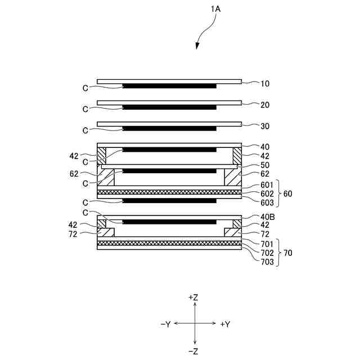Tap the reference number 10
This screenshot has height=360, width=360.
point(265,84)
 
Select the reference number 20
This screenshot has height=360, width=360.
point(265,105)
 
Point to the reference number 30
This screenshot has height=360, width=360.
point(265,126)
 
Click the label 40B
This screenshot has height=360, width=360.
point(268,217)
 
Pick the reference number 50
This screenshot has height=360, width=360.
point(265,166)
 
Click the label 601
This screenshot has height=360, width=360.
point(267,185)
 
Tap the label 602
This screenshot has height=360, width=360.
point(267,193)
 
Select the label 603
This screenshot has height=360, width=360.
point(267,202)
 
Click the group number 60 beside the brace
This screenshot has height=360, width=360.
point(288,193)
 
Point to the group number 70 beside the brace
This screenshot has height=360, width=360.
point(288,253)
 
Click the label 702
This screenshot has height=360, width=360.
point(267,253)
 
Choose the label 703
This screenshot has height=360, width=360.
point(267,262)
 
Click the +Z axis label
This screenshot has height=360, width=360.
point(194,296)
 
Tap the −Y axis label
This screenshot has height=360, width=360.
point(165,324)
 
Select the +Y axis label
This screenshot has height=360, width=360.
point(225,324)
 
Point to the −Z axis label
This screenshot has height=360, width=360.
point(194,352)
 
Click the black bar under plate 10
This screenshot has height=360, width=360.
point(169,86)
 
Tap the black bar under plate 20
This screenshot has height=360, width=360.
point(169,107)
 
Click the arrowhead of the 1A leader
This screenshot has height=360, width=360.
point(198,47)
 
